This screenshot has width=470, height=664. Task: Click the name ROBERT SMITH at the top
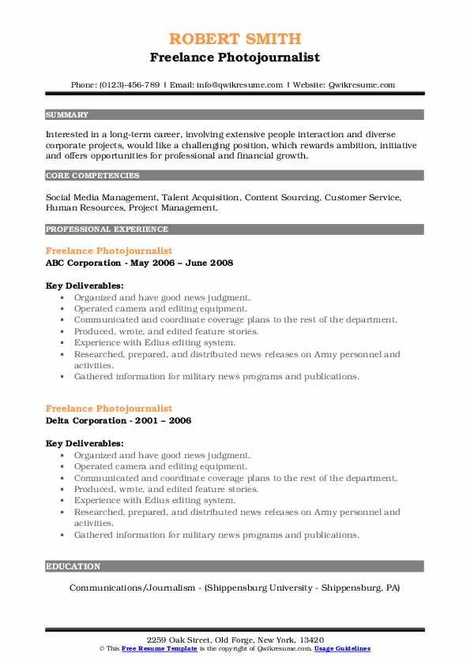coord(235,39)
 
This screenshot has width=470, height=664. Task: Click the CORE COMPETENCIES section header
coord(92,176)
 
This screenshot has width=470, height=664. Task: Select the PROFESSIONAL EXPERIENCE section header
coord(107,229)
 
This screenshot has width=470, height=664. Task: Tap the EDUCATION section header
coord(73,566)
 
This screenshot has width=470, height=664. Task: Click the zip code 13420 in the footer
coord(310,640)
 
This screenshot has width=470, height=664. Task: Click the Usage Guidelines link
coord(342,648)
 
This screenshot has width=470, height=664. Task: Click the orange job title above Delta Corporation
coord(109,408)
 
